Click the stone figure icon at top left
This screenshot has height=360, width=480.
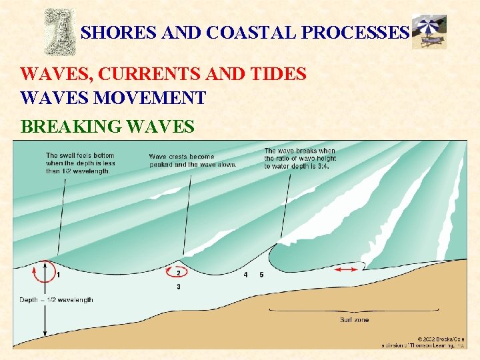tap(59, 31)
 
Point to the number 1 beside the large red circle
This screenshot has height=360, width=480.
tap(59, 274)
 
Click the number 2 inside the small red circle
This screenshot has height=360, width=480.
tap(178, 272)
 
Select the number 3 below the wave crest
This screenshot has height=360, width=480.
tap(178, 287)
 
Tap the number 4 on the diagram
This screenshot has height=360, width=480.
tap(245, 275)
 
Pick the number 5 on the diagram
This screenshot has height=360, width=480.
tap(261, 275)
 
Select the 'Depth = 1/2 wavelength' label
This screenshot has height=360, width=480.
tap(56, 300)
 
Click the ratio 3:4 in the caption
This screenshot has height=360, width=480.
tap(321, 166)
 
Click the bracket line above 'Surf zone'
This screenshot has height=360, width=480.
tap(353, 310)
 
